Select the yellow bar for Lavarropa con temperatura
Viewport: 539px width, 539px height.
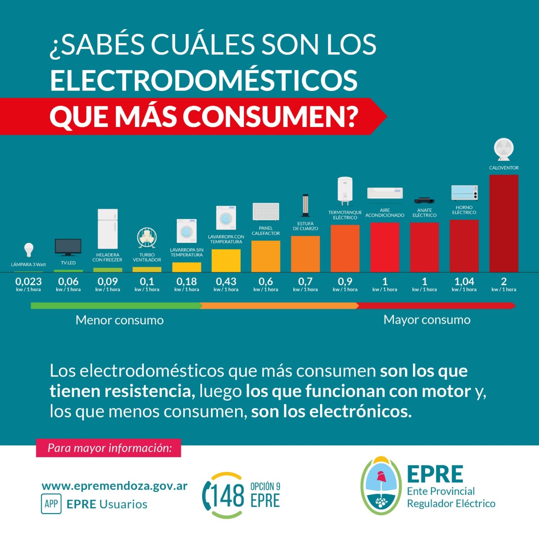point(226,260)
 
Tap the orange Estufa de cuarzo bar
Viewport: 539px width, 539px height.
point(305,254)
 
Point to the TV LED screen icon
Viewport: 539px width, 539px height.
point(68,247)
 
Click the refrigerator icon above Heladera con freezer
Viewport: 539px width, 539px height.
point(107,229)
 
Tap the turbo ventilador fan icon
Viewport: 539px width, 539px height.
point(147,238)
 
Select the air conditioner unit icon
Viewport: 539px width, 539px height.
point(385,193)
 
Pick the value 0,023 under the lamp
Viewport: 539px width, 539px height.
point(28,281)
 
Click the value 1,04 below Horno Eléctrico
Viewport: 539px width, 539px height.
point(464,281)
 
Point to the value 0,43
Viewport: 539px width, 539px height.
point(226,281)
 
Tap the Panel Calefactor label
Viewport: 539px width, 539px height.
point(266,231)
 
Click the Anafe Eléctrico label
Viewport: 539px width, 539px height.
point(424,213)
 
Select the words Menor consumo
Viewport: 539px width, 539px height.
point(120,320)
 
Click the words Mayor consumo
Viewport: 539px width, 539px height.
point(427,320)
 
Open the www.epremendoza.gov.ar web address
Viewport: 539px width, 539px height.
point(114,486)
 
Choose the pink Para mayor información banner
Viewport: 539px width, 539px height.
point(108,448)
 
